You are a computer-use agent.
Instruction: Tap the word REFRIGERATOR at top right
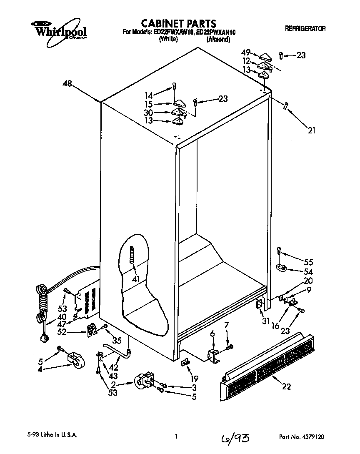point(305,29)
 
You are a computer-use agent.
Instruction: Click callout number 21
point(311,130)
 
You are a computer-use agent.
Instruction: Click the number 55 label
point(308,262)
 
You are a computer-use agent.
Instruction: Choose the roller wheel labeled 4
point(75,361)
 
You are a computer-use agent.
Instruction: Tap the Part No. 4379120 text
point(302,437)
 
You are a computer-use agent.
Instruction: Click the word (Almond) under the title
point(218,40)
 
